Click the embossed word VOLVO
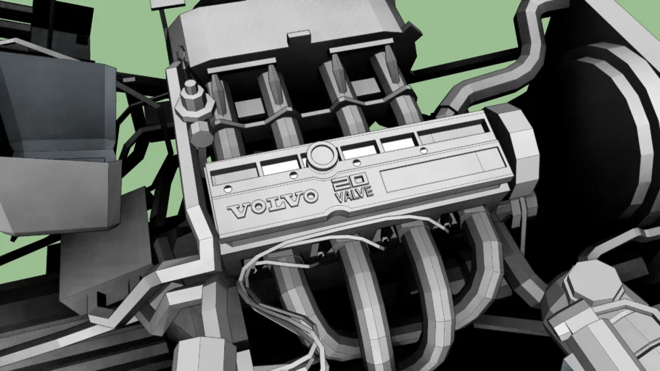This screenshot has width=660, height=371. (x=273, y=203)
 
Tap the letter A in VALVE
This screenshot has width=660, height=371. (x=347, y=196)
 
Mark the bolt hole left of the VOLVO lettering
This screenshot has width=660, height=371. (x=228, y=188)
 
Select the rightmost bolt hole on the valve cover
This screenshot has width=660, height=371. (x=424, y=150)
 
